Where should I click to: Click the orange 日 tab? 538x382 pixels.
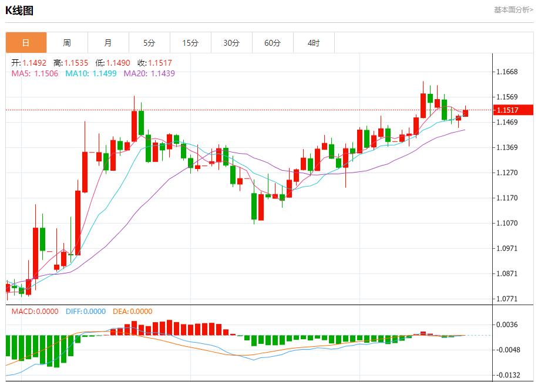coord(26,43)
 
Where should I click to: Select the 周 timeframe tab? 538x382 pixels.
coord(67,43)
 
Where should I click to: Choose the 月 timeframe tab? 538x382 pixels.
coord(108,43)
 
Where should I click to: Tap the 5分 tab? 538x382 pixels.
coord(149,43)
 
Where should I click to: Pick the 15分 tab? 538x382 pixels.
coord(190,43)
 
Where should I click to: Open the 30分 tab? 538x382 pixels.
coord(231,43)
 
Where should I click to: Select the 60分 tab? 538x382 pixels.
coord(273,43)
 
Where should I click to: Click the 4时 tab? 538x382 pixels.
coord(314,43)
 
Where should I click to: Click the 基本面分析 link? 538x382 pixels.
coord(513,10)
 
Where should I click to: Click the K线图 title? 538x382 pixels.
coord(19,10)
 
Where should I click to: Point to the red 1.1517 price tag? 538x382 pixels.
coord(513,110)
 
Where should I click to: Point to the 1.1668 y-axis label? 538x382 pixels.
coord(507,72)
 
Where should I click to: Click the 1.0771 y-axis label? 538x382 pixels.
coord(507,299)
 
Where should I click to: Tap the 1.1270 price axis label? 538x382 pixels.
coord(507,173)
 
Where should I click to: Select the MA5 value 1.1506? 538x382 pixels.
coord(46,73)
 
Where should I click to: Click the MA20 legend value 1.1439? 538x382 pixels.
coord(163,73)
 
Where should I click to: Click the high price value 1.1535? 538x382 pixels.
coord(76,63)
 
